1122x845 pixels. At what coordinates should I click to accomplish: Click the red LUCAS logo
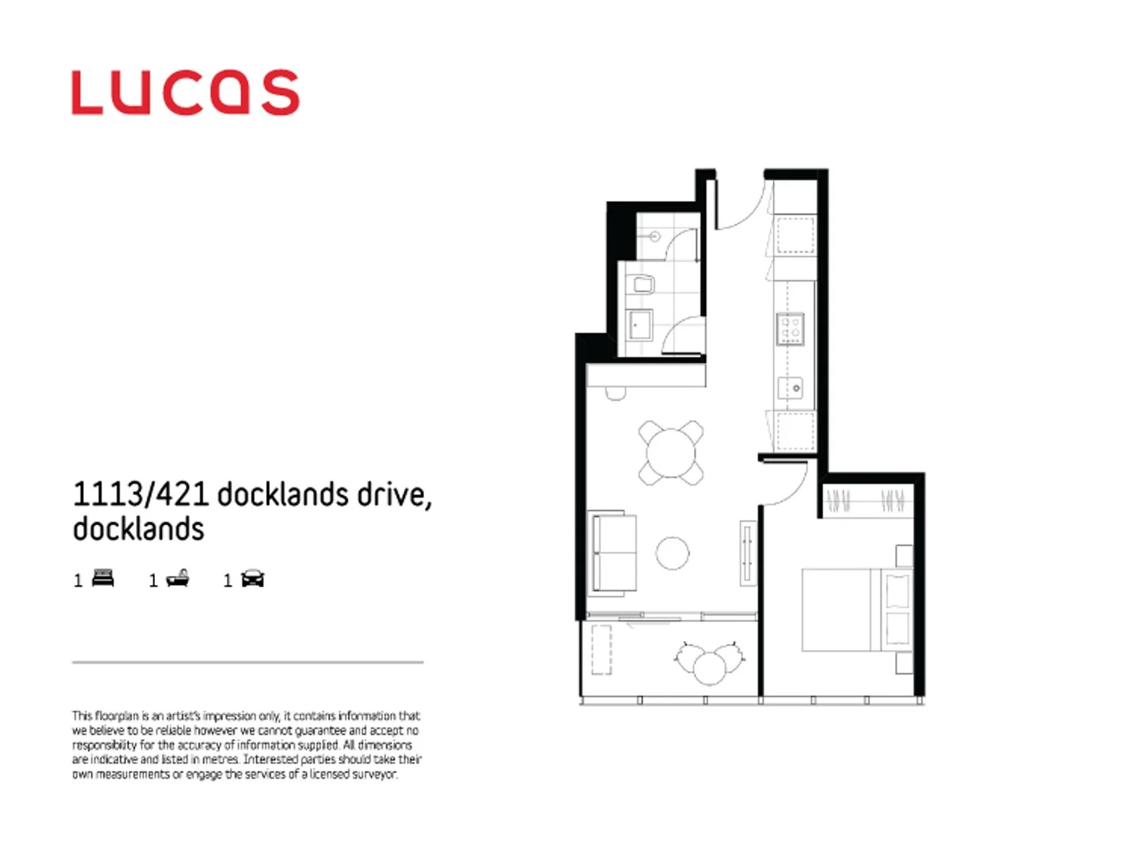coord(185,93)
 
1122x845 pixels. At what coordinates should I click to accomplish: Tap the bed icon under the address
coord(103,578)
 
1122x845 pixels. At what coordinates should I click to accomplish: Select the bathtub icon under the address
coord(178,578)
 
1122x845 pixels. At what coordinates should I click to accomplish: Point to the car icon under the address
coord(253,578)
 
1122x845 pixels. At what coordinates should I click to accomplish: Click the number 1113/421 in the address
coord(141,494)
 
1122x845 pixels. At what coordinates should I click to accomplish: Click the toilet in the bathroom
coord(643,285)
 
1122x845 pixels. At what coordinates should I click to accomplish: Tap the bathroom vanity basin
coord(641,324)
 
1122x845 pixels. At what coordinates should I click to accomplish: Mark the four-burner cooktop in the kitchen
coord(789,329)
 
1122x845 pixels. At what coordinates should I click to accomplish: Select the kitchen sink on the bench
coord(790,387)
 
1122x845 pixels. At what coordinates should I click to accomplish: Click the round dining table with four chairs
coord(671,453)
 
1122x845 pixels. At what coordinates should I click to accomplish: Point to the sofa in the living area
coord(612,552)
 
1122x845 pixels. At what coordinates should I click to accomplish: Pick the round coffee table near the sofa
coord(672,553)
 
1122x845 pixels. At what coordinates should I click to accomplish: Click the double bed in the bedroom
coord(854,610)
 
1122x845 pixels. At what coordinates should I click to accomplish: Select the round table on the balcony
coord(710,667)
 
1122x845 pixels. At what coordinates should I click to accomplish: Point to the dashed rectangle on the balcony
coord(601,649)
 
